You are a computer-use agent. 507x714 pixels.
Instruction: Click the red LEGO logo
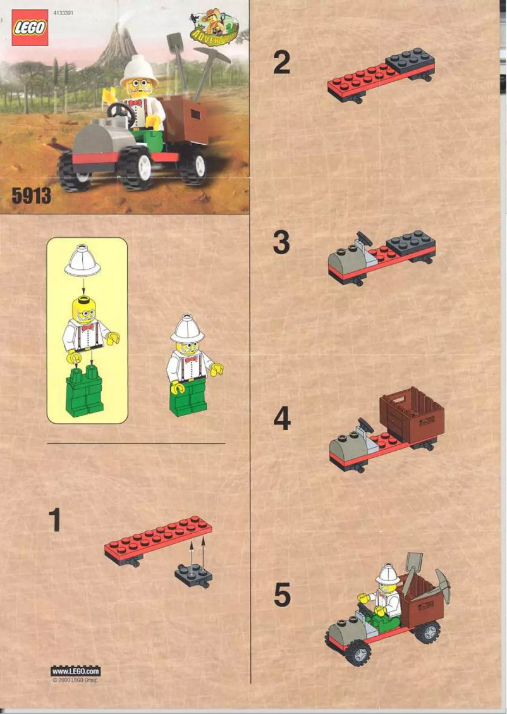coord(30,28)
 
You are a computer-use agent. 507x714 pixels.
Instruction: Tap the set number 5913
coord(31,196)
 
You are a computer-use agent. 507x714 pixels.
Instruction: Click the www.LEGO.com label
coord(75,671)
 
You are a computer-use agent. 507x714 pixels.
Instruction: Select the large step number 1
coord(56,520)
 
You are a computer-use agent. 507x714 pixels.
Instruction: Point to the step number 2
coord(281,63)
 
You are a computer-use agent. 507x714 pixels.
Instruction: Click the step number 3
coord(281,243)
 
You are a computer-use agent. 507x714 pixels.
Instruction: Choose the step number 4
coord(281,419)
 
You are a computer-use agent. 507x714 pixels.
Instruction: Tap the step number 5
coord(282,596)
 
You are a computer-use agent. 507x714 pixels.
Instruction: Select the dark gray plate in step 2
coord(410,61)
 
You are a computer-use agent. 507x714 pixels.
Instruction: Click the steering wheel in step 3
coord(363,241)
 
